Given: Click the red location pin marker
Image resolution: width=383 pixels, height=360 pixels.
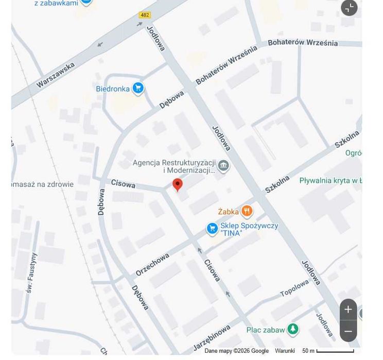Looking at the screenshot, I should (x=178, y=184).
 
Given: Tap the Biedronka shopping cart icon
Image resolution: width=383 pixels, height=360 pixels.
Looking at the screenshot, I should (x=137, y=89).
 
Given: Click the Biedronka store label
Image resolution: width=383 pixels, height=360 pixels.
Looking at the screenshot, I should (x=113, y=89).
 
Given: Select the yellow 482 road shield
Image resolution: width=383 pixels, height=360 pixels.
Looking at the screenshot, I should (x=145, y=15).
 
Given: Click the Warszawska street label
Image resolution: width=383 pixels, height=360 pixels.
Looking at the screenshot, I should (x=56, y=75).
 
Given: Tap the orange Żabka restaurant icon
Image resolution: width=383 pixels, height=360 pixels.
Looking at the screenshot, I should (x=247, y=211).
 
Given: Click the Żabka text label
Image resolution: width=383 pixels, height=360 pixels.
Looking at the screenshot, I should (x=228, y=212).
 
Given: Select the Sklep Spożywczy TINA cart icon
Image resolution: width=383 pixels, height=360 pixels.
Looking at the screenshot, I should (x=212, y=229).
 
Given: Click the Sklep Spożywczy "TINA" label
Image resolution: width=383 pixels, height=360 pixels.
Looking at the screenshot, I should (x=249, y=229).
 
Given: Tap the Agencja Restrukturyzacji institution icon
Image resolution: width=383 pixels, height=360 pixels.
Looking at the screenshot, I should (x=223, y=165).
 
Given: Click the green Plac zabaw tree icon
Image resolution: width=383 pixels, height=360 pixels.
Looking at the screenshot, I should (x=293, y=329).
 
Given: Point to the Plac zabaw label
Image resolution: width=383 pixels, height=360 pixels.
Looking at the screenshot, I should (x=265, y=330).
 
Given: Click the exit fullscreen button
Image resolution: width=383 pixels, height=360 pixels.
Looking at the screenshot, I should (x=349, y=8).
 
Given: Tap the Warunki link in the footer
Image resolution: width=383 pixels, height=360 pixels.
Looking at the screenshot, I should (x=285, y=351).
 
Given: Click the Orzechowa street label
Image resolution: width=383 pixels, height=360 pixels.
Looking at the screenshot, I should (x=152, y=264).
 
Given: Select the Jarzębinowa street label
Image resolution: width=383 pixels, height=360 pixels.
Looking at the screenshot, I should (x=212, y=338).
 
